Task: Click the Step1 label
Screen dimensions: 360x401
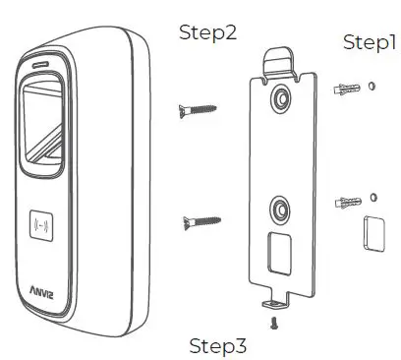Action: pos(370,42)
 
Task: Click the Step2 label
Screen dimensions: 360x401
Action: pos(208,32)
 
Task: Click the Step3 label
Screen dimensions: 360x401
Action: pos(218,345)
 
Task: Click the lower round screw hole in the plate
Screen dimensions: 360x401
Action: pos(280,210)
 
